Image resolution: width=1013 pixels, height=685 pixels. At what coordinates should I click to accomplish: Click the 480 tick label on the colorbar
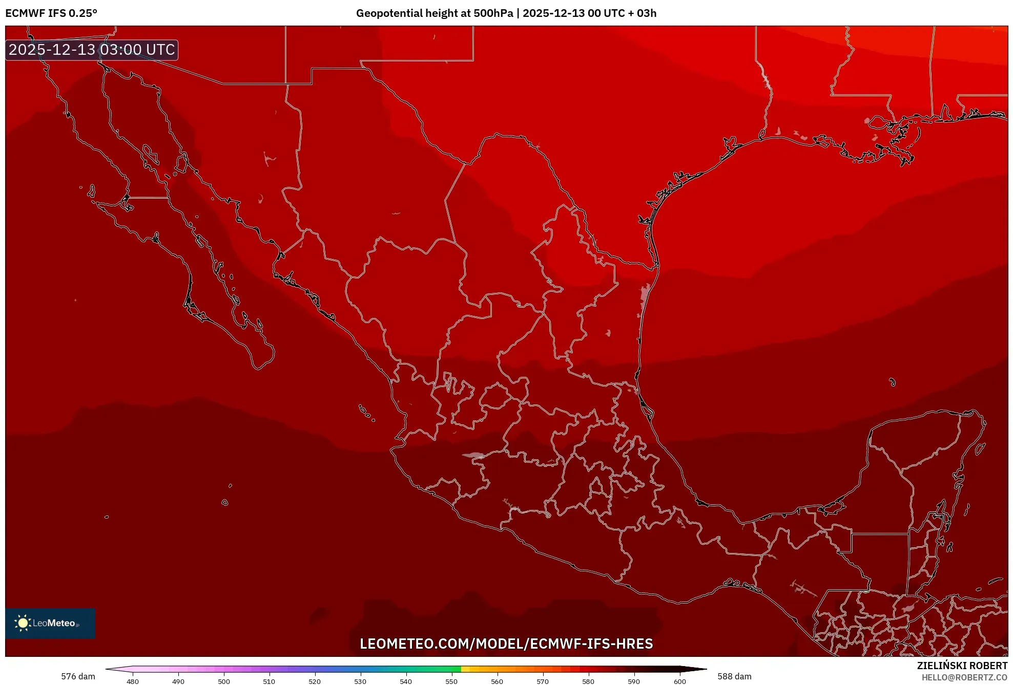coord(133,681)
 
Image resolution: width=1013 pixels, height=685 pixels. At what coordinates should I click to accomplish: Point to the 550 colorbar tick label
coord(451,681)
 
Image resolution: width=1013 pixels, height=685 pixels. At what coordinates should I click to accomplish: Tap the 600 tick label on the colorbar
coord(679,681)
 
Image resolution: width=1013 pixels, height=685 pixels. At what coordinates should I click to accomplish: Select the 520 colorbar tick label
coord(315,681)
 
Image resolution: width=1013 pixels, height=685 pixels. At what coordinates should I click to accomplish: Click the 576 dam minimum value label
coord(78,676)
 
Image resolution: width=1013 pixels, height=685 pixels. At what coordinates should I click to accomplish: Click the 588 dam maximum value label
coord(734,676)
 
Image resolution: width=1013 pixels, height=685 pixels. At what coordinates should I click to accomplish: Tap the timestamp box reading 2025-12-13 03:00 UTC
coord(92,50)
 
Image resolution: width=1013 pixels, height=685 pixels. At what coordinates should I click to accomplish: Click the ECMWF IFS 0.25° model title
coord(51,13)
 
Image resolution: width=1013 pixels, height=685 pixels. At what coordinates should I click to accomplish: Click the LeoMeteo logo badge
coord(50,623)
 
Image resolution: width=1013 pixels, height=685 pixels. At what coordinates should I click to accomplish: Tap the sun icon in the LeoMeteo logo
coord(23,623)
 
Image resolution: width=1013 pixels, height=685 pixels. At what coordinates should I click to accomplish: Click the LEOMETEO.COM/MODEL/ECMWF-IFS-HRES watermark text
coord(506,644)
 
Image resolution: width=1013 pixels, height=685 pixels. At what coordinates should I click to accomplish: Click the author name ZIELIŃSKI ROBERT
coord(962,666)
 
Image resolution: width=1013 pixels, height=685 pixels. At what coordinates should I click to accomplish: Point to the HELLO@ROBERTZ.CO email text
coord(964,677)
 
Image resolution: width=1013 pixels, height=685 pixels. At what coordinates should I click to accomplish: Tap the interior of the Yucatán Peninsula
coord(917,461)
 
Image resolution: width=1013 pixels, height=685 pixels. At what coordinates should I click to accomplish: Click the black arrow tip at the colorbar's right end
coord(703,669)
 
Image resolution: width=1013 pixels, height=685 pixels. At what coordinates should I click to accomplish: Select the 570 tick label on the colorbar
coord(543,681)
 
